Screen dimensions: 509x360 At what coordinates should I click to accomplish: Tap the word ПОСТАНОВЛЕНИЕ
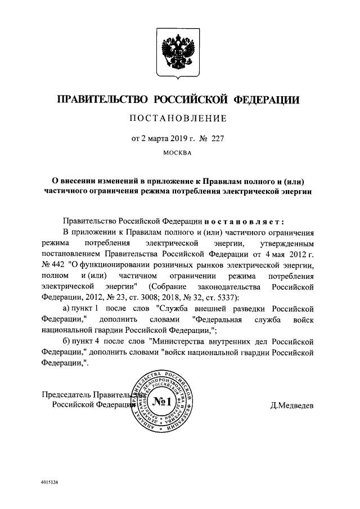pos(179,119)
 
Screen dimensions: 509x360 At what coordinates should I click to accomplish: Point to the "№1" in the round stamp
pos(161,402)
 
